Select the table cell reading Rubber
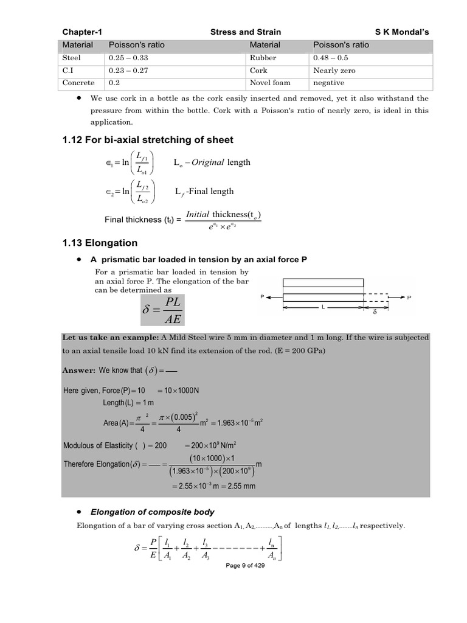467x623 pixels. [263, 58]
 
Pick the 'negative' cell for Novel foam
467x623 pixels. [328, 83]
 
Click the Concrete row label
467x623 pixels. [79, 83]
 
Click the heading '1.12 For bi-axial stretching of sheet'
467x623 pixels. [148, 140]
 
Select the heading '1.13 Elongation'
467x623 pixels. [100, 243]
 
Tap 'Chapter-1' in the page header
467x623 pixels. [82, 32]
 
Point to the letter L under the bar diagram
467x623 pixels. [323, 308]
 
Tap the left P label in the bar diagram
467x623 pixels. [261, 298]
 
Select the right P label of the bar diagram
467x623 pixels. [409, 298]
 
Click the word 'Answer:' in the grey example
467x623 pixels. [79, 370]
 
